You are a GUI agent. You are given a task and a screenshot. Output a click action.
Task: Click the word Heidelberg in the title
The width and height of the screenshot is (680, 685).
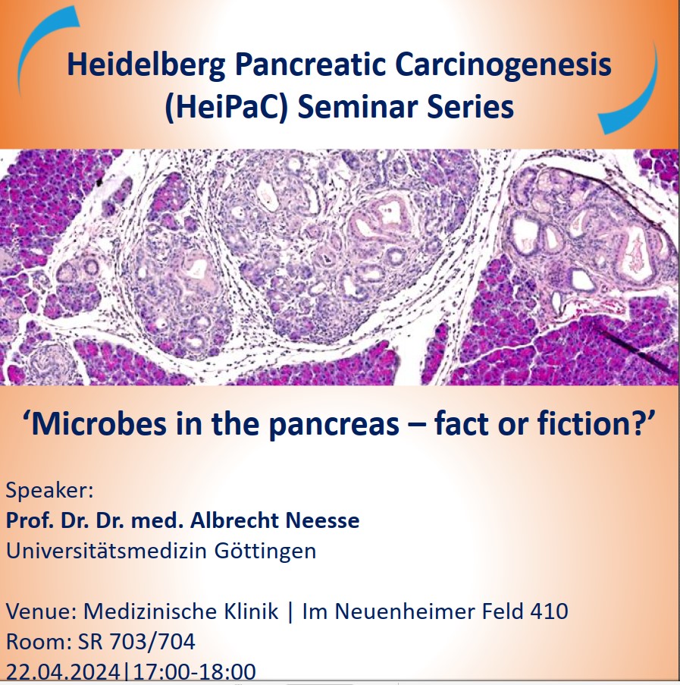[146, 65]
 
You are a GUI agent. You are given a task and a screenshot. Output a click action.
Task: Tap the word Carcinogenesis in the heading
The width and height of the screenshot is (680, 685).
[503, 64]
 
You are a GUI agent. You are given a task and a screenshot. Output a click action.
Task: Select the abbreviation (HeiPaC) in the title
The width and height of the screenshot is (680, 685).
[227, 108]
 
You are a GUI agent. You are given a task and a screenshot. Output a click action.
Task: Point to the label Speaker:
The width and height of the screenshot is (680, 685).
[50, 491]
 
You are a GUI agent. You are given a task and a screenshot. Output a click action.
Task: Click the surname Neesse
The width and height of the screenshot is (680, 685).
[322, 520]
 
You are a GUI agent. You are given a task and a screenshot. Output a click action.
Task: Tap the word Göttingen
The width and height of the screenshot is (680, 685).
[265, 551]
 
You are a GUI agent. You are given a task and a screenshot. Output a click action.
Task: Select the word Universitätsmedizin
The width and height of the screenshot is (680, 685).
[106, 551]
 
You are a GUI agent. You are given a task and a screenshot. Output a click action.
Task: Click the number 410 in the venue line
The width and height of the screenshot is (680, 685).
[550, 611]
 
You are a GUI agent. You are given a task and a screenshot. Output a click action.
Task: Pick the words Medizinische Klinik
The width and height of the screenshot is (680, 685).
[180, 611]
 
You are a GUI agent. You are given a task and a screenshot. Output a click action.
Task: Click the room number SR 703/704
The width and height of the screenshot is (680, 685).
[136, 642]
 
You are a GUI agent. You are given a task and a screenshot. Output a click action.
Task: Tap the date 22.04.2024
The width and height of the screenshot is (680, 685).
[63, 671]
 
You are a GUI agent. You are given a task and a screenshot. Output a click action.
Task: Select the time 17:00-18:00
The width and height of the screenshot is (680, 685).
[195, 671]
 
